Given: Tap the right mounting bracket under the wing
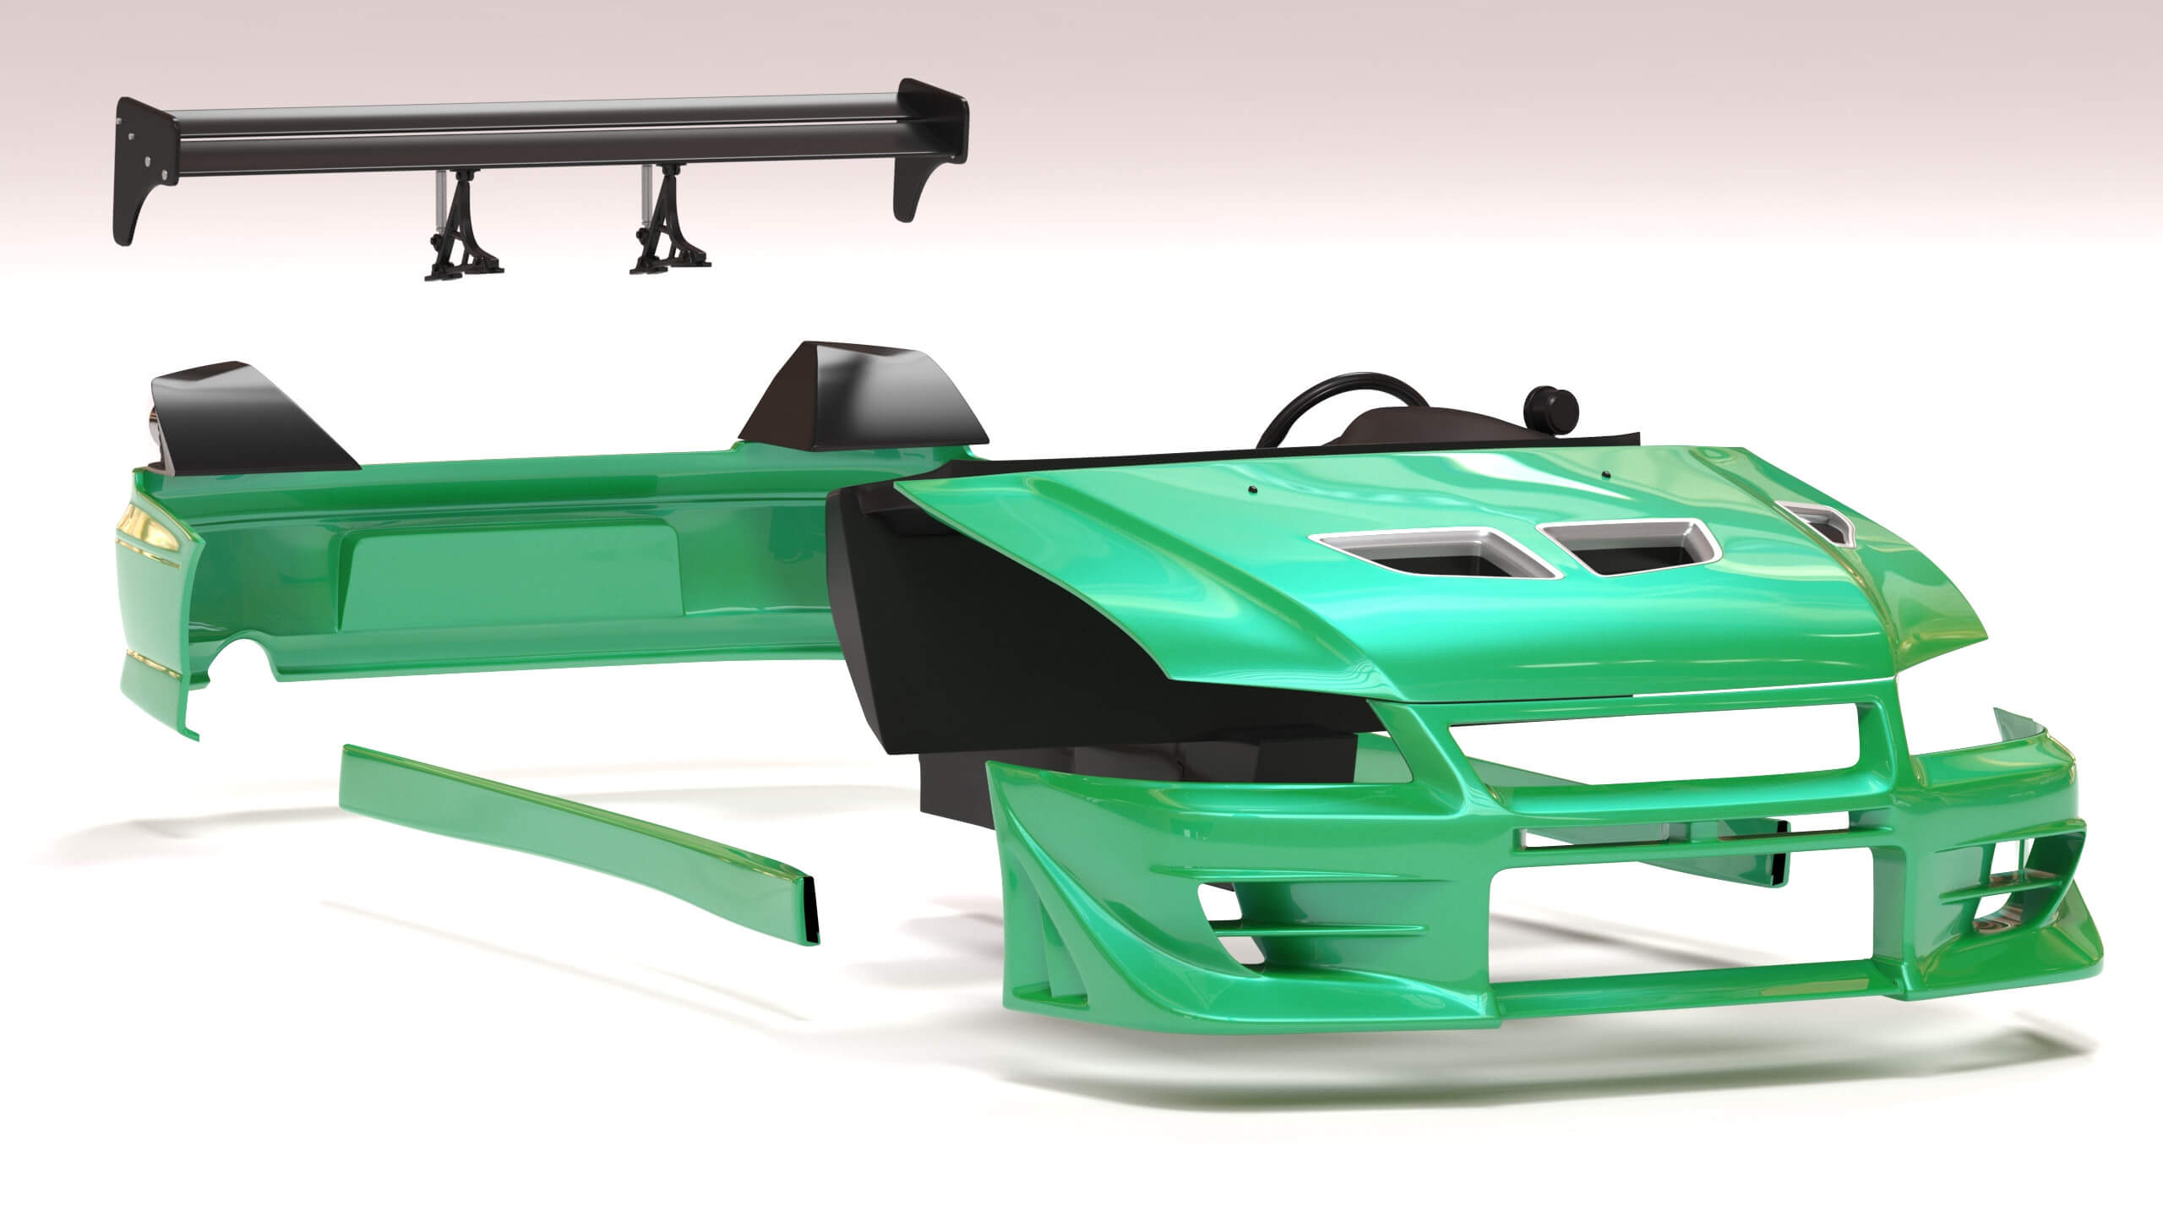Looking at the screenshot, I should [667, 224].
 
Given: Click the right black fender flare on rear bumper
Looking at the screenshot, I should [862, 397].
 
